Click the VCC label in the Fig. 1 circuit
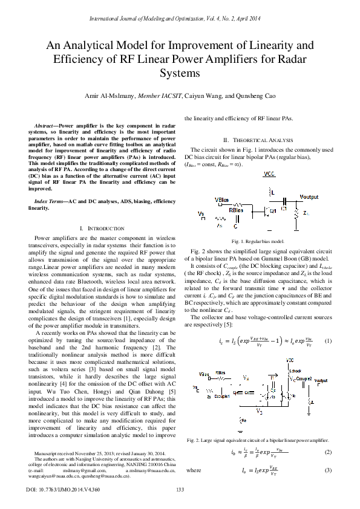pos(267,174)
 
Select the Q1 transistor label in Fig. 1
pos(273,210)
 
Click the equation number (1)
pos(329,342)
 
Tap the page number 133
pos(180,490)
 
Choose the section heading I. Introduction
pos(102,229)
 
